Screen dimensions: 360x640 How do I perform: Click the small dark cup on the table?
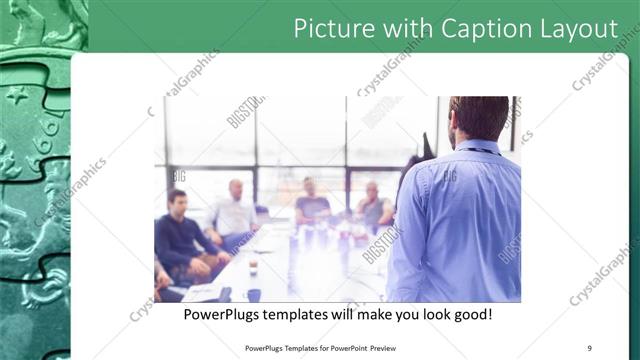click(x=253, y=267)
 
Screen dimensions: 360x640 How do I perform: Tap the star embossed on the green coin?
click(x=19, y=96)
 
